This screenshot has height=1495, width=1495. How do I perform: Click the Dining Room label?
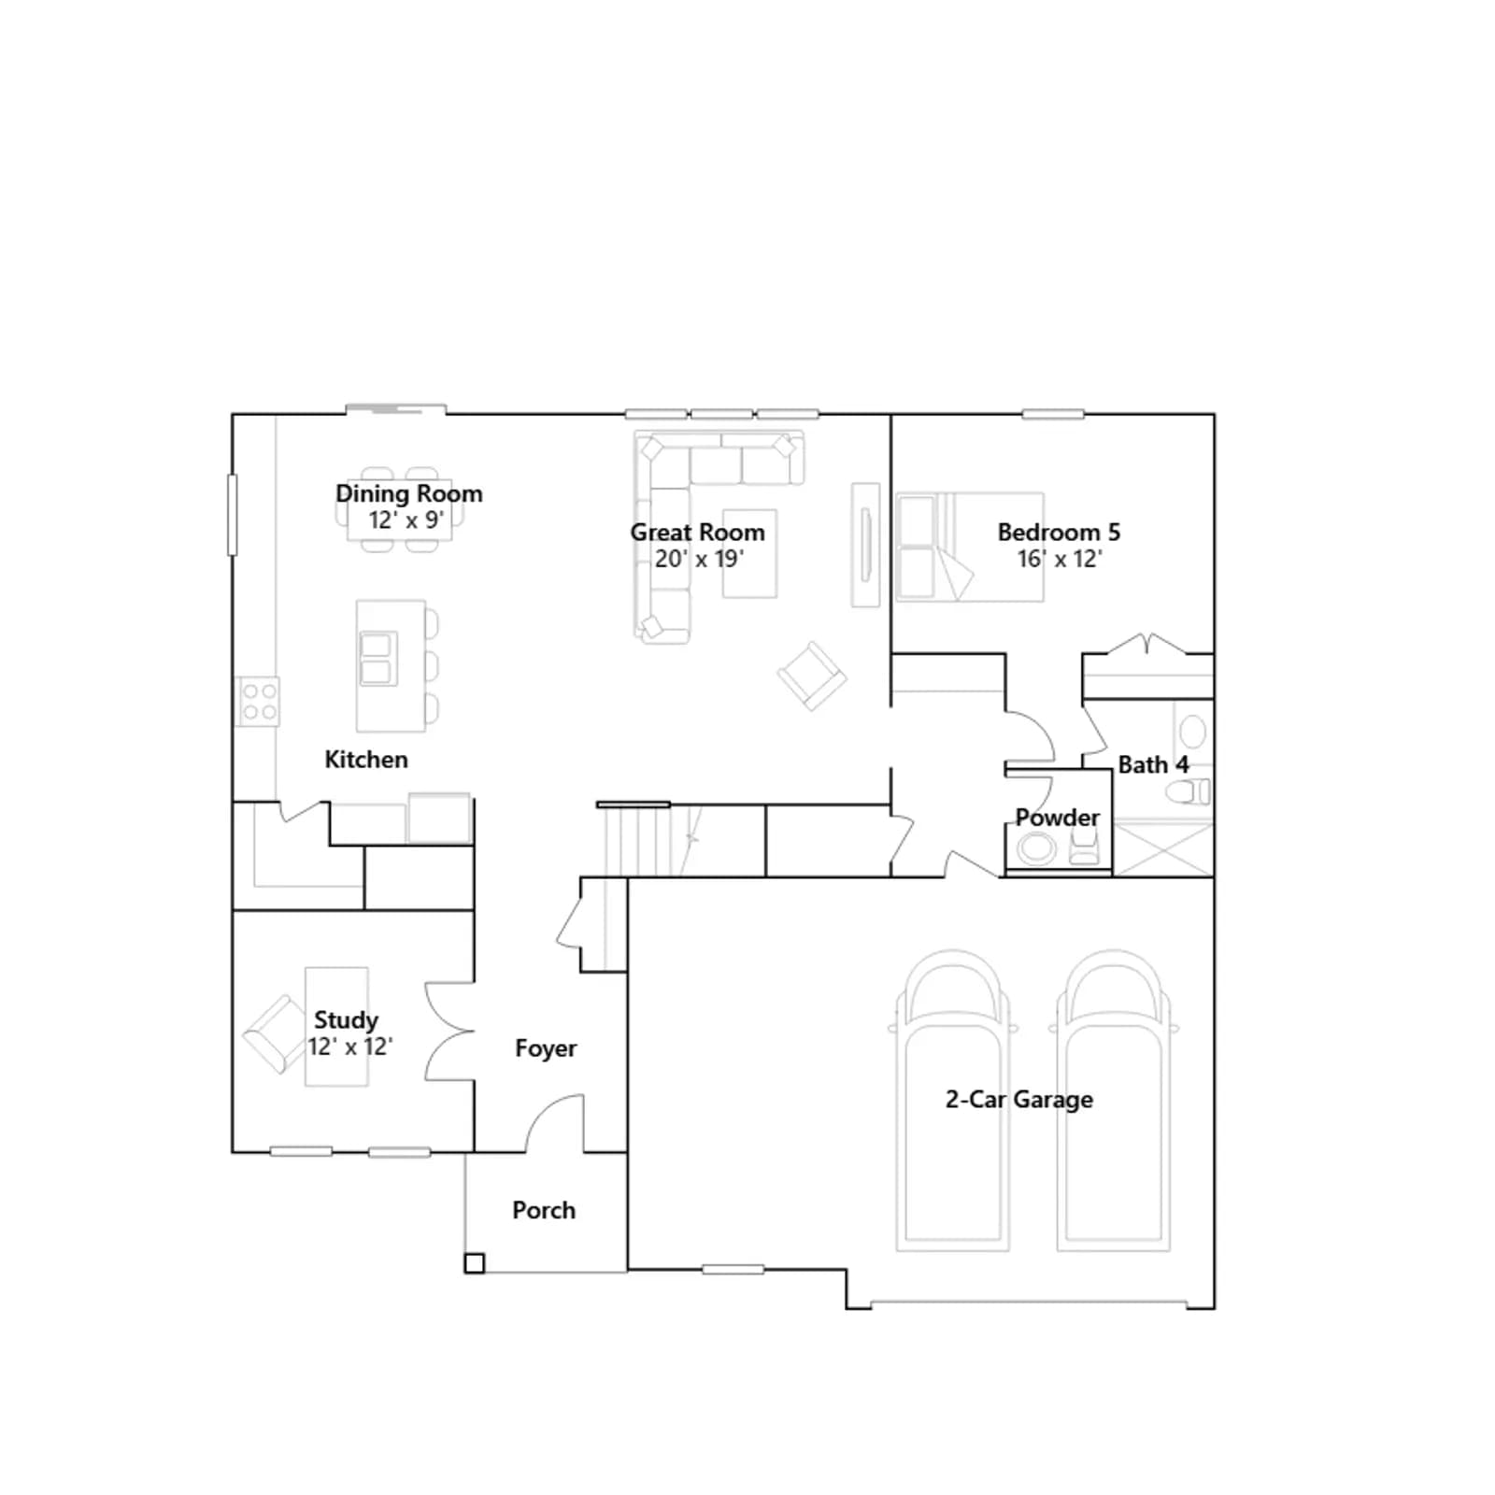coord(409,493)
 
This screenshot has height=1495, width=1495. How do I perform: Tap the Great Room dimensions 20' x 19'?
coord(699,559)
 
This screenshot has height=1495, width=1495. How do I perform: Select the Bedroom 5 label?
coord(1059,532)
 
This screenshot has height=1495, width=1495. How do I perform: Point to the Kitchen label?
coord(366,759)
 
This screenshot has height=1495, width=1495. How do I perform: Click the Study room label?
coord(346,1020)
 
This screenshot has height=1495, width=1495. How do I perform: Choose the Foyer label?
coord(546,1048)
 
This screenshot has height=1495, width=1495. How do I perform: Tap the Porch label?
coord(544,1210)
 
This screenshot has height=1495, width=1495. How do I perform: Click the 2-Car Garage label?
coord(1019,1100)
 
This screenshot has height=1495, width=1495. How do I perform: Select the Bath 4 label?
coord(1153,764)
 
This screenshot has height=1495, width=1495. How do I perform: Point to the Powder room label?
coord(1058,818)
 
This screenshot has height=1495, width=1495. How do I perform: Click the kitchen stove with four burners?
coord(257,702)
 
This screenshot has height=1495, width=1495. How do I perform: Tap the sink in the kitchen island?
coord(377,659)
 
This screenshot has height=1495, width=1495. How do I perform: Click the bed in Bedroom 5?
coord(970,547)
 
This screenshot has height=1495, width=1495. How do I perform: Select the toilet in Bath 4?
coord(1188,792)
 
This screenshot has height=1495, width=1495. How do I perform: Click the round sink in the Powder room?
coord(1036,849)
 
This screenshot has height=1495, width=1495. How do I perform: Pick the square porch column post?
coord(475,1263)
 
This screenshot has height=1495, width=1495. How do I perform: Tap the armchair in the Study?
coord(275,1034)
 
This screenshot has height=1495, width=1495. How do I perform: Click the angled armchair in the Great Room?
coord(812,676)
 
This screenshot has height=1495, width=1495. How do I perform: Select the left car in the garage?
coord(953,1101)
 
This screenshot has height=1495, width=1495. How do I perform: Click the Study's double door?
coord(449,1032)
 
